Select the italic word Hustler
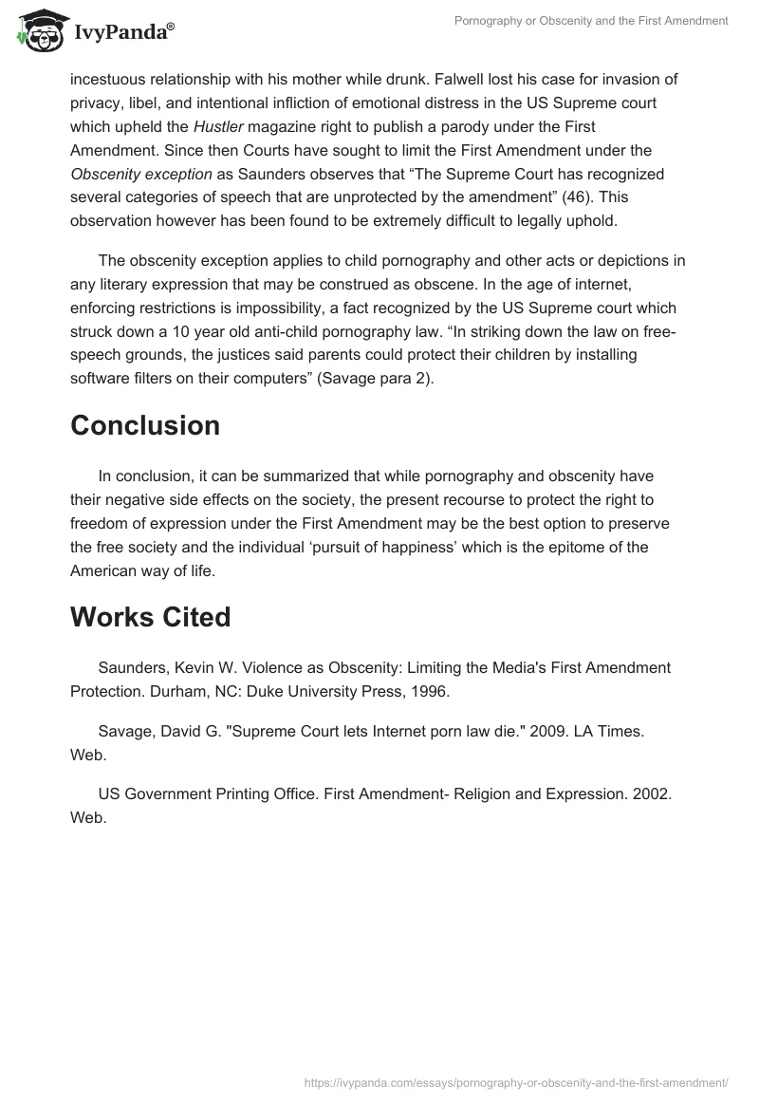[x=217, y=126]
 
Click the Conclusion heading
[x=145, y=426]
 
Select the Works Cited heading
[x=150, y=617]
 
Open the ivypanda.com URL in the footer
[x=515, y=1081]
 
